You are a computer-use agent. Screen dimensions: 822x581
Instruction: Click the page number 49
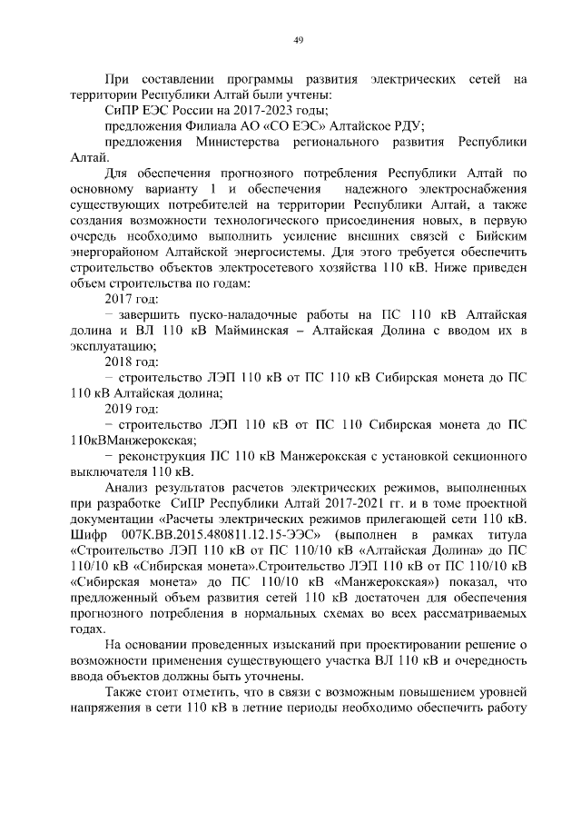tap(298, 39)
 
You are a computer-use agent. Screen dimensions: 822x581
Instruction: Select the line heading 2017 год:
tap(132, 299)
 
